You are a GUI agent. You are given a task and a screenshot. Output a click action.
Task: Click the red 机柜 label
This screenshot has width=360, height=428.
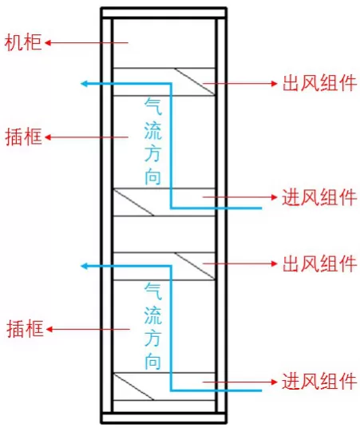point(23,42)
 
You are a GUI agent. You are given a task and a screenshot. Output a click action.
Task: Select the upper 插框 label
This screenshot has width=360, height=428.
point(24,137)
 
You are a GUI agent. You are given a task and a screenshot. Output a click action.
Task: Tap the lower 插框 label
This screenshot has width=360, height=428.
point(25,329)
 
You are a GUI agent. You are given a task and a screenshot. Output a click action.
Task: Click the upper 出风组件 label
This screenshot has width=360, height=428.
point(319,83)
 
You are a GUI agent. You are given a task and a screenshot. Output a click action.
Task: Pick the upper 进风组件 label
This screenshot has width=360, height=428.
point(319,196)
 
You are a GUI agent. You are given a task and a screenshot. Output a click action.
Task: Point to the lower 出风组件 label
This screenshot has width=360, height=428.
point(319,264)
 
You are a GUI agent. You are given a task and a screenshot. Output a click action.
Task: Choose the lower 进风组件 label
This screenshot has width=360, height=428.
point(319,382)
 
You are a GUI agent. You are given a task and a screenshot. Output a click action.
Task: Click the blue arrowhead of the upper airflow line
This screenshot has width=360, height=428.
point(84,84)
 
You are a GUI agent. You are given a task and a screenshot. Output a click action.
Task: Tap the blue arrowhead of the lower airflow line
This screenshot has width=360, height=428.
point(84,266)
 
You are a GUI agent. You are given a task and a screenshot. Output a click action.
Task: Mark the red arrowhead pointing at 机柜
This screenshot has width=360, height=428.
point(48,43)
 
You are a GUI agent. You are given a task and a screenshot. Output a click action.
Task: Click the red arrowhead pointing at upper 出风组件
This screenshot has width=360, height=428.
point(275,83)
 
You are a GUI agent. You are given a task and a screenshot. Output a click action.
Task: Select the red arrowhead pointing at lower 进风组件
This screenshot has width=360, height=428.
point(275,382)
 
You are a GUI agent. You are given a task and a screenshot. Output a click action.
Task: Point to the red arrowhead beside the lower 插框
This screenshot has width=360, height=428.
point(49,329)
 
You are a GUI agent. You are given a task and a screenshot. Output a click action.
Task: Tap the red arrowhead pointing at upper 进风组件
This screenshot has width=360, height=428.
point(275,196)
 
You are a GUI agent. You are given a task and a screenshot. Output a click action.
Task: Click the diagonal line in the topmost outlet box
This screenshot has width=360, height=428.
point(195,81)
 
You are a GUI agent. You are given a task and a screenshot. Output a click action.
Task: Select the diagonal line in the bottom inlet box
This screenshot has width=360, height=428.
point(133,386)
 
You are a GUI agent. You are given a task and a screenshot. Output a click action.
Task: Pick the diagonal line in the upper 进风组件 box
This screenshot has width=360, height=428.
point(133,203)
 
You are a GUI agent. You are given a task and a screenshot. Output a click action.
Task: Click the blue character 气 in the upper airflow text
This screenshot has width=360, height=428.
point(152,106)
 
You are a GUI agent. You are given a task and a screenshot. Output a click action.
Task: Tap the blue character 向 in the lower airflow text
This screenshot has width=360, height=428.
point(152,361)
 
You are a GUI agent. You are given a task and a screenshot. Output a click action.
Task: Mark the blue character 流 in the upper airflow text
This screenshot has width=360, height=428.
point(152,130)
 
